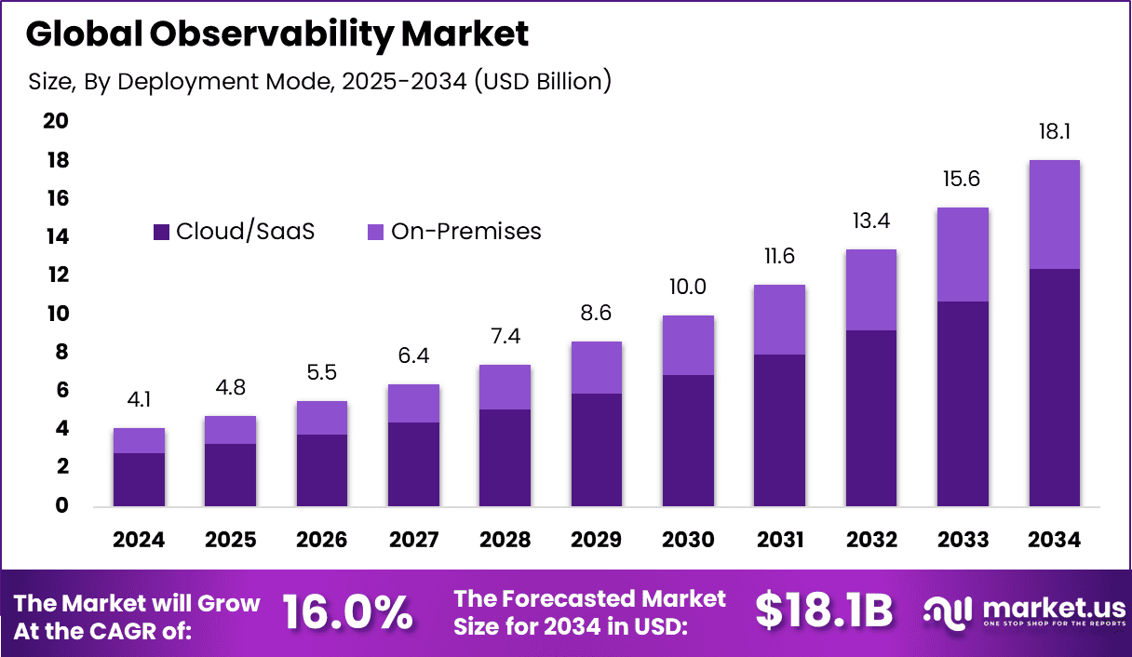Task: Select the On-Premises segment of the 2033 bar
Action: click(x=963, y=254)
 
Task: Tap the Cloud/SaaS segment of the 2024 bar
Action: click(x=139, y=479)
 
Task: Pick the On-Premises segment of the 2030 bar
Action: click(x=688, y=345)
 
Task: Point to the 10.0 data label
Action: click(x=688, y=287)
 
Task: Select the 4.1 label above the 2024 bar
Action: click(x=139, y=400)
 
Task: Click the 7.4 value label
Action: click(x=505, y=336)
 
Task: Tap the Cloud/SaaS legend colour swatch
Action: click(x=161, y=232)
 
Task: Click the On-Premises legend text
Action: click(x=465, y=232)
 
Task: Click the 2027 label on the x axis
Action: click(x=413, y=541)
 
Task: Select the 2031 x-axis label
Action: click(x=779, y=541)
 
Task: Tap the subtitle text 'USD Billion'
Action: click(x=542, y=82)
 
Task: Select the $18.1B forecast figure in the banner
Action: click(x=824, y=611)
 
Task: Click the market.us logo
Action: click(x=1024, y=611)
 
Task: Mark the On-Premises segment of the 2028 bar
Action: click(x=505, y=387)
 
